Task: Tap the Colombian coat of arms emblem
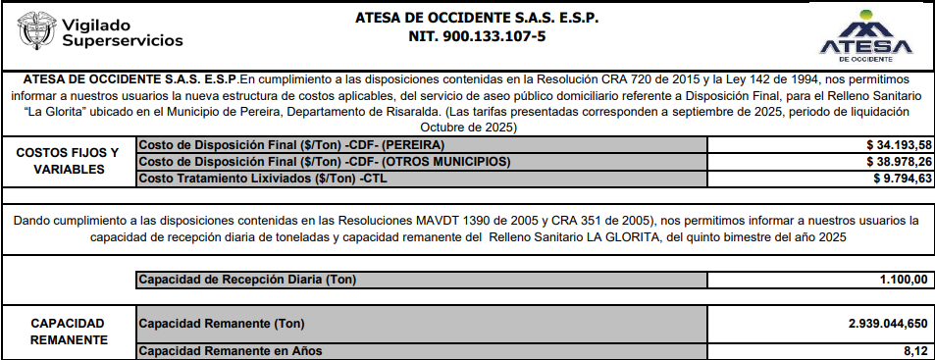tap(34, 31)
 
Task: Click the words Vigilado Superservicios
tap(122, 32)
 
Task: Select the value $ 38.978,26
tap(893, 161)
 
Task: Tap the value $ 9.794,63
tap(899, 178)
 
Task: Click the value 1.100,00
tap(904, 281)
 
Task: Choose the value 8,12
tap(913, 350)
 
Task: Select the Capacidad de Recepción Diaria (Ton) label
tap(247, 281)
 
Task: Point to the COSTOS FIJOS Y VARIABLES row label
tap(67, 161)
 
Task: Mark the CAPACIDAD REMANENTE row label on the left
tap(67, 331)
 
